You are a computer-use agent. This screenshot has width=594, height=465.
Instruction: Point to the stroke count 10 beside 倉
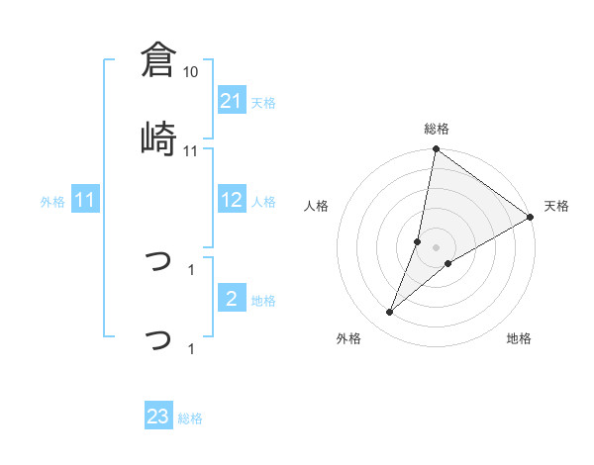(191, 72)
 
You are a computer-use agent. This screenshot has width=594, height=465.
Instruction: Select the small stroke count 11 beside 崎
(191, 150)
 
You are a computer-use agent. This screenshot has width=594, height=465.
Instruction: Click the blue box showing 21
(232, 101)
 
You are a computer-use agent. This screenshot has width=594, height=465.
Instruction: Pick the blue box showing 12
(232, 201)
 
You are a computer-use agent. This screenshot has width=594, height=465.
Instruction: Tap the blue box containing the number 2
(232, 300)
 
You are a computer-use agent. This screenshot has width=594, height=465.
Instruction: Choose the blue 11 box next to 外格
(85, 201)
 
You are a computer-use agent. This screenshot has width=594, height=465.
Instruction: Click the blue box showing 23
(158, 417)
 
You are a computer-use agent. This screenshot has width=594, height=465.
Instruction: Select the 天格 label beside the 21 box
(263, 102)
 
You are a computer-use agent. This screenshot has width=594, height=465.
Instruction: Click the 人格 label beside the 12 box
(263, 202)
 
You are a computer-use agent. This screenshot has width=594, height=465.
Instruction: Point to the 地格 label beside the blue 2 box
(263, 301)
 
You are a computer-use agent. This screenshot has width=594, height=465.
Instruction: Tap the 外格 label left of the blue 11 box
(52, 202)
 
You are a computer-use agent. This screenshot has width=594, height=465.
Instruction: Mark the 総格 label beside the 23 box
(190, 418)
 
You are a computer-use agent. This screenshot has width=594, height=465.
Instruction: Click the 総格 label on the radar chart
(437, 129)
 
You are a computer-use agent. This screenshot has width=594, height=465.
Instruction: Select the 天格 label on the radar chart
(556, 206)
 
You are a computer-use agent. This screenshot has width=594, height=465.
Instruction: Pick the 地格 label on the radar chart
(519, 338)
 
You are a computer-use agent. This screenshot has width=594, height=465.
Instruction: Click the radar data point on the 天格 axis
(531, 217)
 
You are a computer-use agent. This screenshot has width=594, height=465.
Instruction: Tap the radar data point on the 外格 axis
(390, 313)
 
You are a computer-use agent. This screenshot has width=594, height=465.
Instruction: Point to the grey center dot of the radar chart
(437, 247)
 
